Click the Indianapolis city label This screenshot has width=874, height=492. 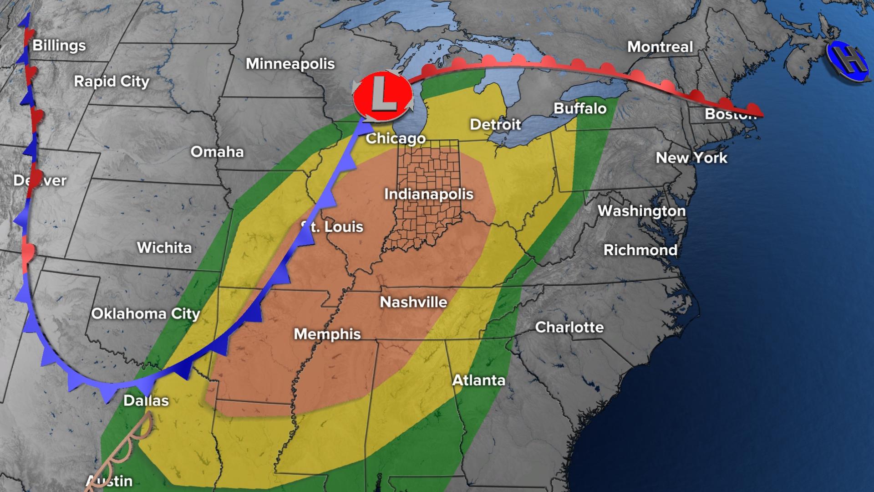[429, 194]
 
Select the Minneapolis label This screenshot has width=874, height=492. [290, 64]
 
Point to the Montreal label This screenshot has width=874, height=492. [660, 46]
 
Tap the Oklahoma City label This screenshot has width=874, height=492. [146, 313]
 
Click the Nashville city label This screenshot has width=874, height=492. [413, 302]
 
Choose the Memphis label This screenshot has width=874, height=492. [327, 334]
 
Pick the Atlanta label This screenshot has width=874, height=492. [478, 380]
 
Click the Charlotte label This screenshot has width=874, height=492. [569, 327]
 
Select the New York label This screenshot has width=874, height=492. [691, 158]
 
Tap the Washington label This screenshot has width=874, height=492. [641, 210]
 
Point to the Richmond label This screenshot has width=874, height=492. [640, 250]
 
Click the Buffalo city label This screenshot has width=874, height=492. [580, 108]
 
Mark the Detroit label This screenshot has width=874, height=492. [495, 124]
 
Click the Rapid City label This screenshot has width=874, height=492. [112, 81]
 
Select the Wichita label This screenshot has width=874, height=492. [164, 247]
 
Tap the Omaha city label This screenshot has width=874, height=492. [217, 151]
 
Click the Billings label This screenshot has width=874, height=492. [59, 46]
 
